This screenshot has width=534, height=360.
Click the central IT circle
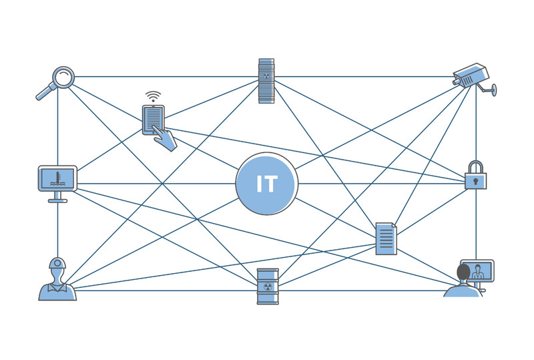[266, 184]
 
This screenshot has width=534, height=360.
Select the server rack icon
[266, 80]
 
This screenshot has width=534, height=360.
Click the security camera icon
[472, 75]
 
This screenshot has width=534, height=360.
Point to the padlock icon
[475, 176]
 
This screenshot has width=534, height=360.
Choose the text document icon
[386, 238]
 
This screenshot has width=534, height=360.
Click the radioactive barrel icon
[267, 286]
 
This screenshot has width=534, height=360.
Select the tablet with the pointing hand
[154, 120]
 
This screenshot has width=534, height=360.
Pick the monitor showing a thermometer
[57, 178]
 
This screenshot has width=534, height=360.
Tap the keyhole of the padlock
[475, 180]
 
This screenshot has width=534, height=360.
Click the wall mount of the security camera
[491, 88]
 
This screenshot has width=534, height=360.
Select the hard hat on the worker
[57, 262]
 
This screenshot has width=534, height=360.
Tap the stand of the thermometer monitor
[57, 198]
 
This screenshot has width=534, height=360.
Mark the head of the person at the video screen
[463, 273]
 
